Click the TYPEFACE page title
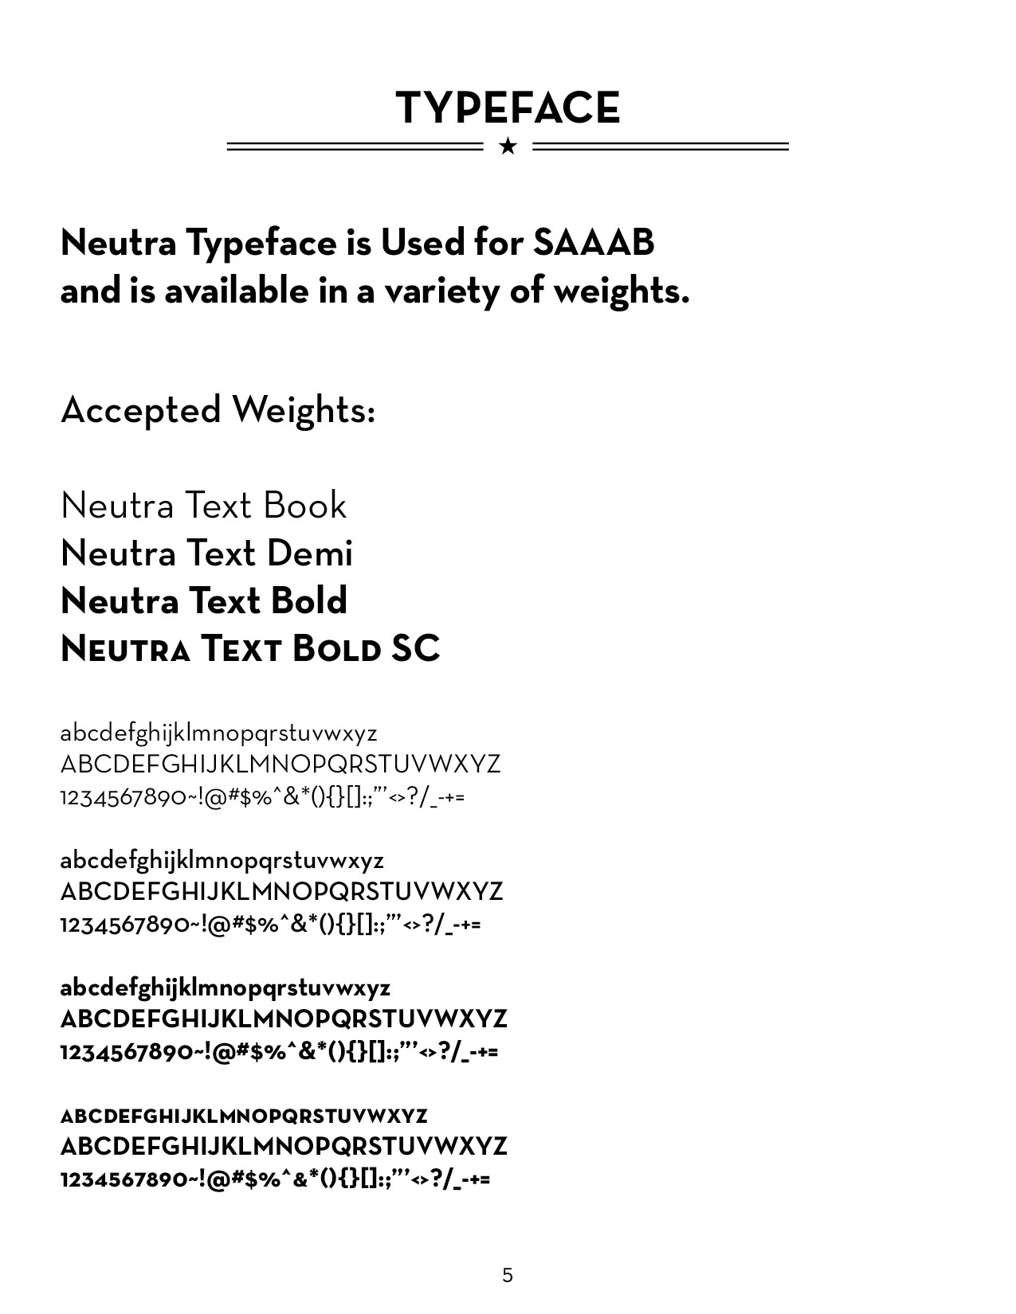click(508, 108)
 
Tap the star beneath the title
click(508, 147)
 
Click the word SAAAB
click(593, 242)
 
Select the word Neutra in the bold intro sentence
click(118, 242)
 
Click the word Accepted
click(140, 411)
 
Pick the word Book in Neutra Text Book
click(304, 506)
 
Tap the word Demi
click(309, 553)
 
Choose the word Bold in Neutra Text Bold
click(308, 601)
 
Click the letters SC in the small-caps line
click(415, 649)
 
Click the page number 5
click(508, 1276)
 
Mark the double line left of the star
click(355, 147)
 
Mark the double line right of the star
click(660, 147)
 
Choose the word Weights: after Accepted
click(303, 411)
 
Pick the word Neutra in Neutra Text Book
click(116, 506)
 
